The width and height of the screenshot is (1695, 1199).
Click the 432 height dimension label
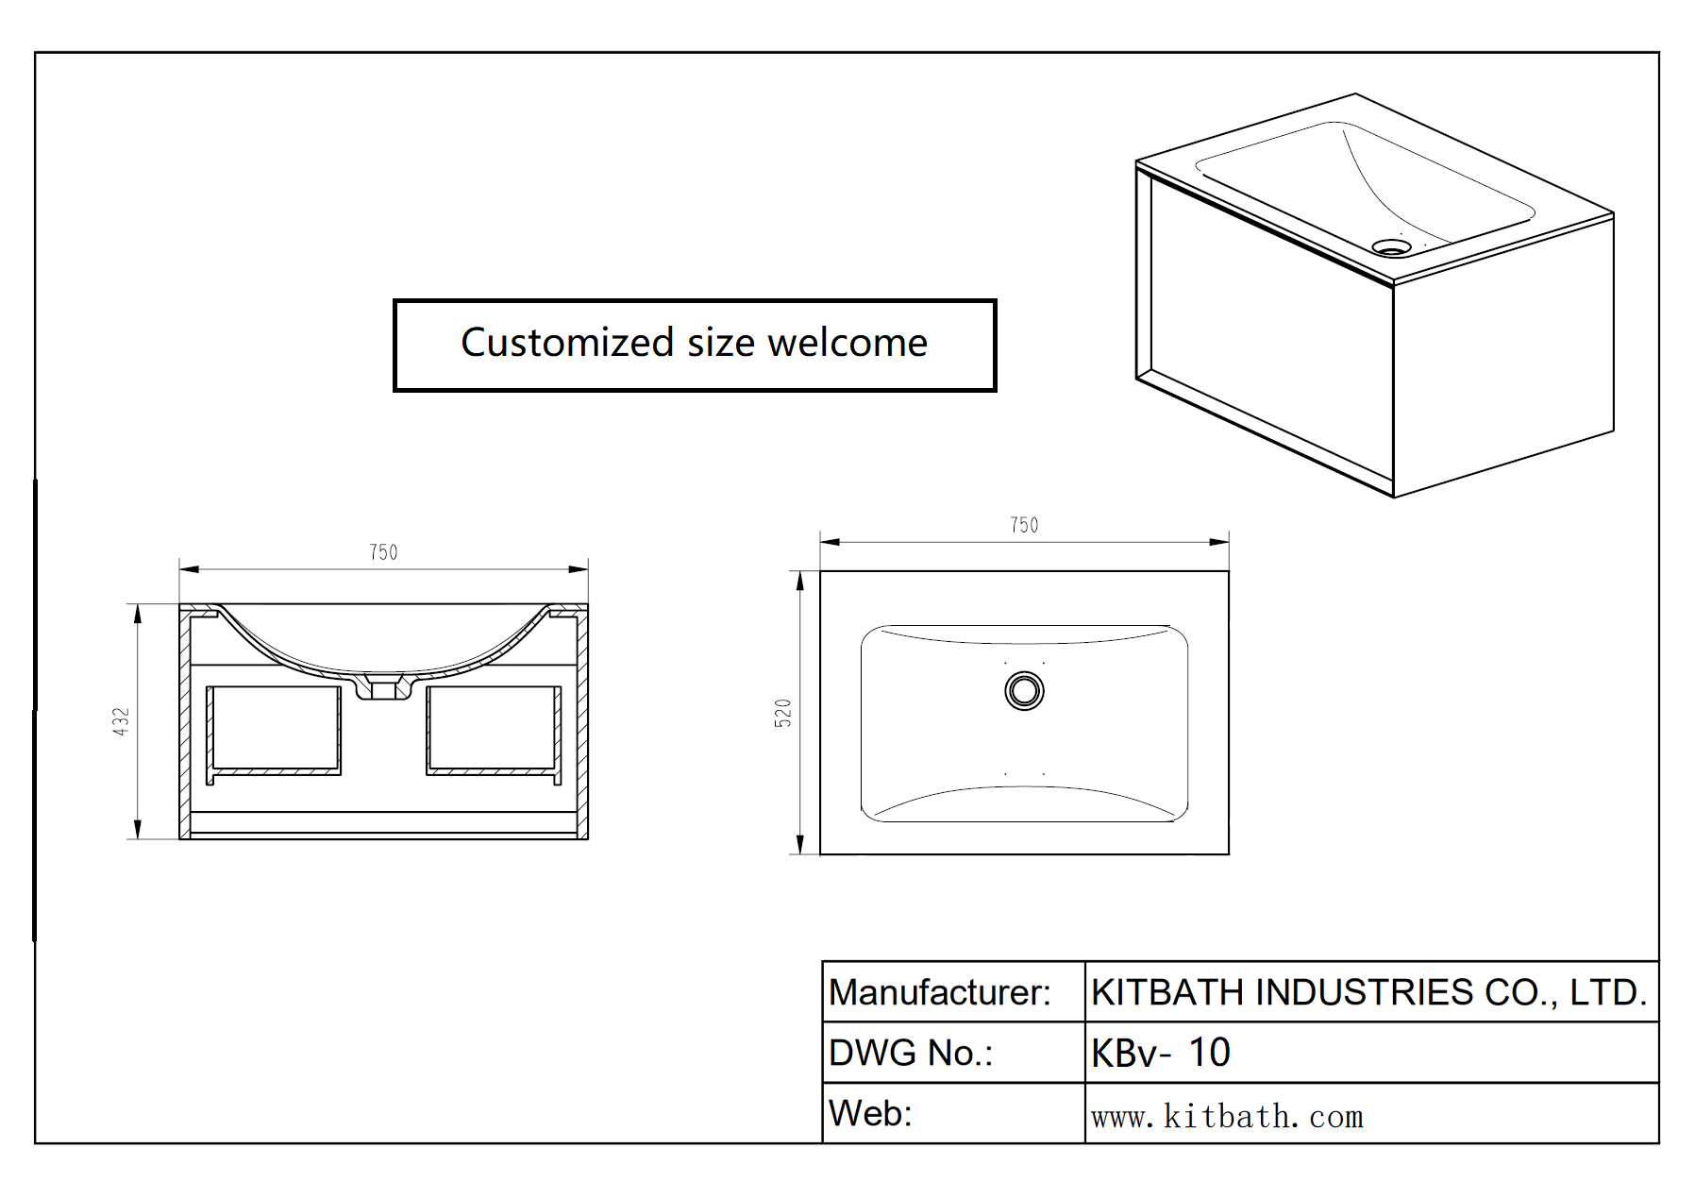click(x=121, y=721)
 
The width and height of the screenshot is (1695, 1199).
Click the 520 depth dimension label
click(x=782, y=713)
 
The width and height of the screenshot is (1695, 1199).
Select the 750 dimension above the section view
click(x=383, y=552)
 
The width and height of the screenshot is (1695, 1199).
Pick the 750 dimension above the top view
click(x=1024, y=525)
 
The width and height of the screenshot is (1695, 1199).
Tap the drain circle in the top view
click(x=1024, y=690)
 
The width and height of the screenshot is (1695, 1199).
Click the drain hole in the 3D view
click(x=1391, y=247)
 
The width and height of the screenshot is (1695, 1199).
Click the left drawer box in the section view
click(x=274, y=730)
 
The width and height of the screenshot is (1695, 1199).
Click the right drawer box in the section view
click(x=494, y=730)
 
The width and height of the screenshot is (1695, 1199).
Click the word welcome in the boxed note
click(x=847, y=343)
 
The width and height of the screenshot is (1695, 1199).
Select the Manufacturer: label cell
click(x=939, y=992)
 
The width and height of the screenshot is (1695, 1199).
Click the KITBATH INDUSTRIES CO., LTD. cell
click(x=1368, y=992)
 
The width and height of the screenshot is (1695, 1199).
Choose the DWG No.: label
click(x=911, y=1053)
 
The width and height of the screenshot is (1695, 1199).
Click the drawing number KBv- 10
click(x=1160, y=1053)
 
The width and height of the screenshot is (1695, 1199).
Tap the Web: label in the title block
click(x=870, y=1114)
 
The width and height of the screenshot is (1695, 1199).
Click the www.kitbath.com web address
click(x=1227, y=1117)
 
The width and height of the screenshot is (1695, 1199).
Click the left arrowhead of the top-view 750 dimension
click(x=830, y=542)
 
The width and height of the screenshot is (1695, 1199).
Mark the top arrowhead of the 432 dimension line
click(x=138, y=615)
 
